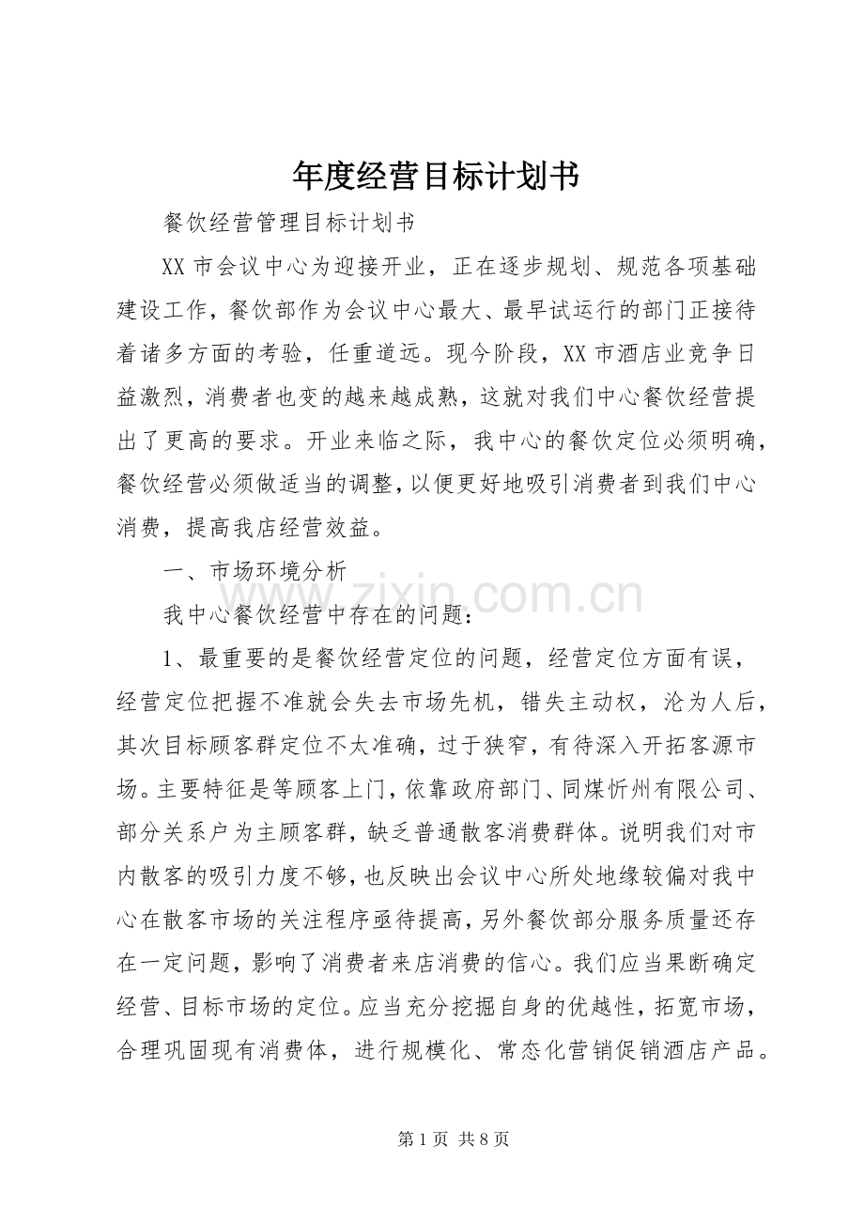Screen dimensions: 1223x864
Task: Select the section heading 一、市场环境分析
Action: [255, 570]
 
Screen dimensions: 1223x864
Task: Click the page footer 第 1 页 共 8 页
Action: [454, 1139]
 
